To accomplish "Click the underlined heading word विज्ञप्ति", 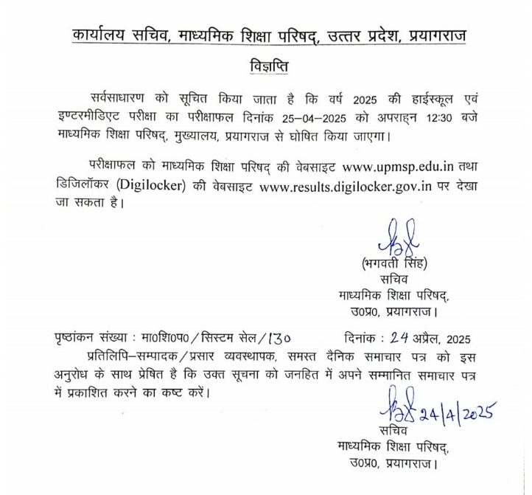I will click(266, 66).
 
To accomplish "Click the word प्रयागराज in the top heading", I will click(436, 35).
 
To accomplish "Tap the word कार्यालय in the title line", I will click(102, 35).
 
